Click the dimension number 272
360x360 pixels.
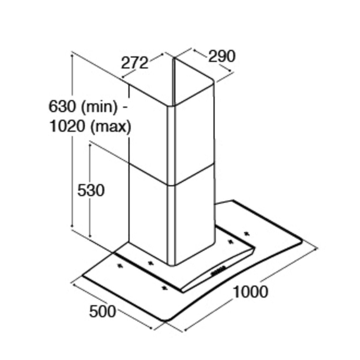point(134,62)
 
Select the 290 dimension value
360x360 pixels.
point(222,56)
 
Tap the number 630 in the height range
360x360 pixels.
point(62,106)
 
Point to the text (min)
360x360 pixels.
point(100,107)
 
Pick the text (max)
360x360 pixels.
point(111,127)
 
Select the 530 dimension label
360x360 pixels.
point(91,190)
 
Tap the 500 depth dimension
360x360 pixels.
point(102,312)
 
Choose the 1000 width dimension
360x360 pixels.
point(250,292)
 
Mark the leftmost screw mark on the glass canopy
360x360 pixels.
point(120,266)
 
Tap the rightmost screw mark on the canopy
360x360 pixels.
point(246,234)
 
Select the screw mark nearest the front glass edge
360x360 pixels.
point(164,287)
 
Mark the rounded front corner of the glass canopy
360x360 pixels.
point(167,319)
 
